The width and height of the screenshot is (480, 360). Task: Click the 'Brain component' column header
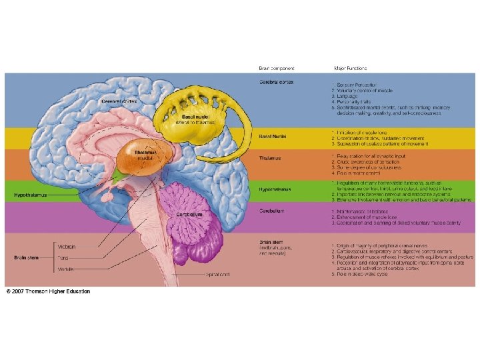click(277, 68)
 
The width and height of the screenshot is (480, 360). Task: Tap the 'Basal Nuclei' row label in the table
click(273, 137)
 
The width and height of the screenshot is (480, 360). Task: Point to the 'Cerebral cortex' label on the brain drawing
click(119, 101)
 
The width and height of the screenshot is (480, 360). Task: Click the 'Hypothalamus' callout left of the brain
click(29, 195)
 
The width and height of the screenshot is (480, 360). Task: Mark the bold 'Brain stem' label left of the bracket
click(27, 257)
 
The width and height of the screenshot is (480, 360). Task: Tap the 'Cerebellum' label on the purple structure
click(190, 215)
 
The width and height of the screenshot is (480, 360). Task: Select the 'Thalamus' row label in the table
click(270, 158)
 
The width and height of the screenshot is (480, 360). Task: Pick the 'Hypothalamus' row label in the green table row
click(275, 189)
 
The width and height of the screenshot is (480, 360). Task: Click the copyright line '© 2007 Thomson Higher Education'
click(48, 291)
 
